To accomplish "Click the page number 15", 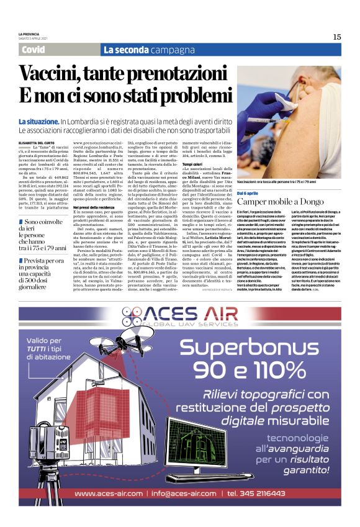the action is coord(336,37).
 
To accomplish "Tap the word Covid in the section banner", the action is coord(33,50).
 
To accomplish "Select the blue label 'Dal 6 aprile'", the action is coord(249,194).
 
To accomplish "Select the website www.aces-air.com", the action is coord(119,493).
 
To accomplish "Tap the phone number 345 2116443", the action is coord(264,493).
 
